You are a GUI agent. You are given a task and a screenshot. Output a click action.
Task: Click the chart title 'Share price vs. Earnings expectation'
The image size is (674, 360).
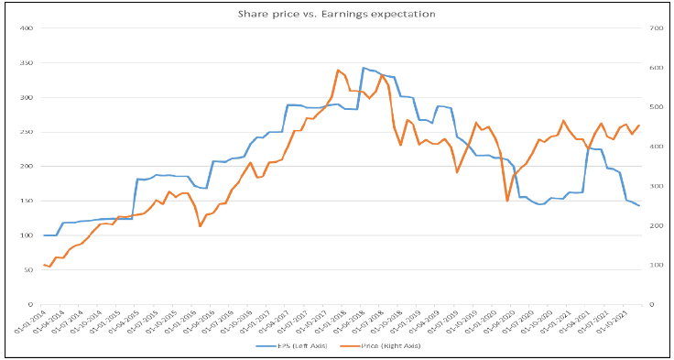click(336, 14)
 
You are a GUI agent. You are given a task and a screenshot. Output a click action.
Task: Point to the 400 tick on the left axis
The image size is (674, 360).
click(27, 28)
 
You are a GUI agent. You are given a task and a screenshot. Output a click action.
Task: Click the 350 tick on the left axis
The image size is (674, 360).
click(27, 63)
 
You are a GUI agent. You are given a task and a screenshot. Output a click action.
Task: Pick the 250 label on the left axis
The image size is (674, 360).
click(27, 132)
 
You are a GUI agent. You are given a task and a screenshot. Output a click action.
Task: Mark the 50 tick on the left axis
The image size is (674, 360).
click(28, 269)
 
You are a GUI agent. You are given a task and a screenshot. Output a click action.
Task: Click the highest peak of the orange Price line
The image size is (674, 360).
click(338, 70)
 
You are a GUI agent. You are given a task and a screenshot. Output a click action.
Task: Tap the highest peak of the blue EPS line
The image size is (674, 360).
click(364, 68)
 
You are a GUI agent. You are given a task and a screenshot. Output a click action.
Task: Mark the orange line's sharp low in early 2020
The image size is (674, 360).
click(507, 201)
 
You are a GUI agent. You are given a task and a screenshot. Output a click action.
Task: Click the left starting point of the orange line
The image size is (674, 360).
click(43, 264)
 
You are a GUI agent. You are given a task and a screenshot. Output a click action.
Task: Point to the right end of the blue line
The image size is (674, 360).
click(639, 205)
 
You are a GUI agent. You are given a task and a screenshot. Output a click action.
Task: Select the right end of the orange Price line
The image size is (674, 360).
click(639, 125)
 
